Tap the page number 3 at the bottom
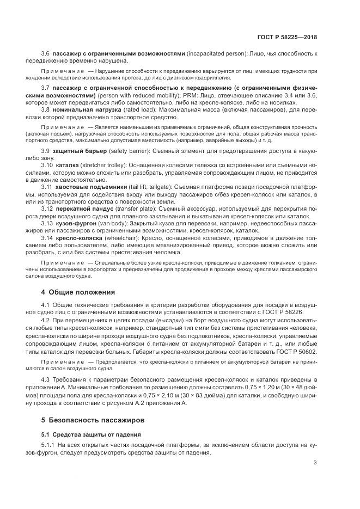(315, 463)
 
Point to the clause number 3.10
(47, 164)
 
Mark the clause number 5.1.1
(48, 445)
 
